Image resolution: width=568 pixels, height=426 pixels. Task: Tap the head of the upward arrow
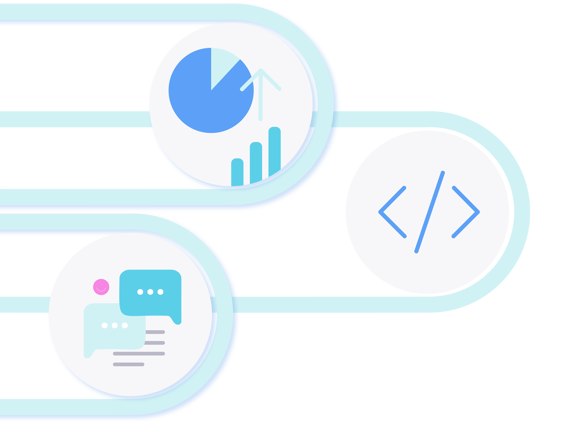pos(261,71)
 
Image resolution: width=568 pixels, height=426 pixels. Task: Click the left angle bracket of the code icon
pos(390,212)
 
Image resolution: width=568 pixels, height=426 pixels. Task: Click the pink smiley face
pos(101,287)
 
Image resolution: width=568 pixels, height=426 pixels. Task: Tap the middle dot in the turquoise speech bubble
pos(150,292)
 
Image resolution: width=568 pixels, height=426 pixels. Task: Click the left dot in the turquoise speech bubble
pos(140,292)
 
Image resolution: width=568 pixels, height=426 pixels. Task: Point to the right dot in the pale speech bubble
pos(125,325)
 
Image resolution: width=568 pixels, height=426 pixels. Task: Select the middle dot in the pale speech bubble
pos(114,325)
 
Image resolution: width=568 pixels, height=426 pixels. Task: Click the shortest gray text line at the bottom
pos(128,364)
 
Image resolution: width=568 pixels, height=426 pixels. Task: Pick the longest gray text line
pos(139,354)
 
